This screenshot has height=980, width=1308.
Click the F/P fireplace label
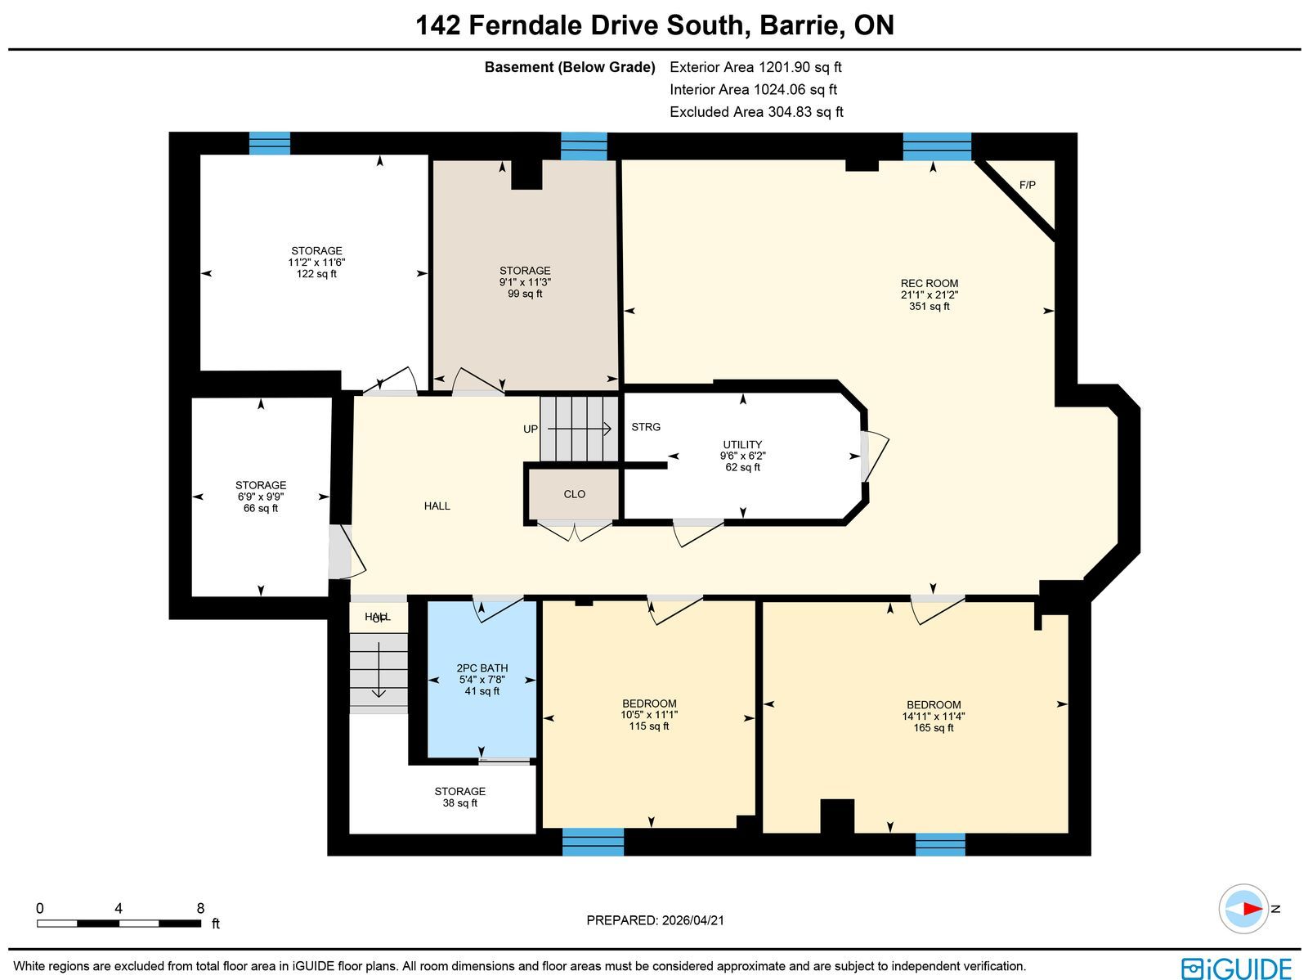(x=1027, y=185)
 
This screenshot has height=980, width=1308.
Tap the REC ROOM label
(x=929, y=283)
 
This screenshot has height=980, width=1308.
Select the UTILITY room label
(x=742, y=445)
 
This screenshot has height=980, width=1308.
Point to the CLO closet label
(x=574, y=494)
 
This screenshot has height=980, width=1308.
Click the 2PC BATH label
(x=482, y=668)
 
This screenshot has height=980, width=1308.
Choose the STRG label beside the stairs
(x=645, y=427)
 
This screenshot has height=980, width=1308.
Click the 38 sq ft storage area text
(x=459, y=803)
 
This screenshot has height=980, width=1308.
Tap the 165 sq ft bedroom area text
(x=934, y=728)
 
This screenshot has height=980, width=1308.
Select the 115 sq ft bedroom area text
(x=648, y=726)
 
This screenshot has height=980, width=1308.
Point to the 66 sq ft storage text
(x=261, y=509)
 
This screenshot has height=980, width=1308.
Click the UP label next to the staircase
(x=531, y=429)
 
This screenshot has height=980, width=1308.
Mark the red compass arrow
(x=1252, y=909)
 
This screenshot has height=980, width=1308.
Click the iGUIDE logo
(x=1236, y=968)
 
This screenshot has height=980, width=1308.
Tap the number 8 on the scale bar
(x=200, y=908)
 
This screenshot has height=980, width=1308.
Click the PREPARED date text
(x=655, y=920)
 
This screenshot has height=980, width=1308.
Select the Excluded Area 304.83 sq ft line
(x=756, y=112)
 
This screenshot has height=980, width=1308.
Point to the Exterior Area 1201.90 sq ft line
(x=755, y=67)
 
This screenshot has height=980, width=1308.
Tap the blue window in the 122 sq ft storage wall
(x=269, y=144)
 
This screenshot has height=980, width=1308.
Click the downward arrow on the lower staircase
(x=379, y=669)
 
